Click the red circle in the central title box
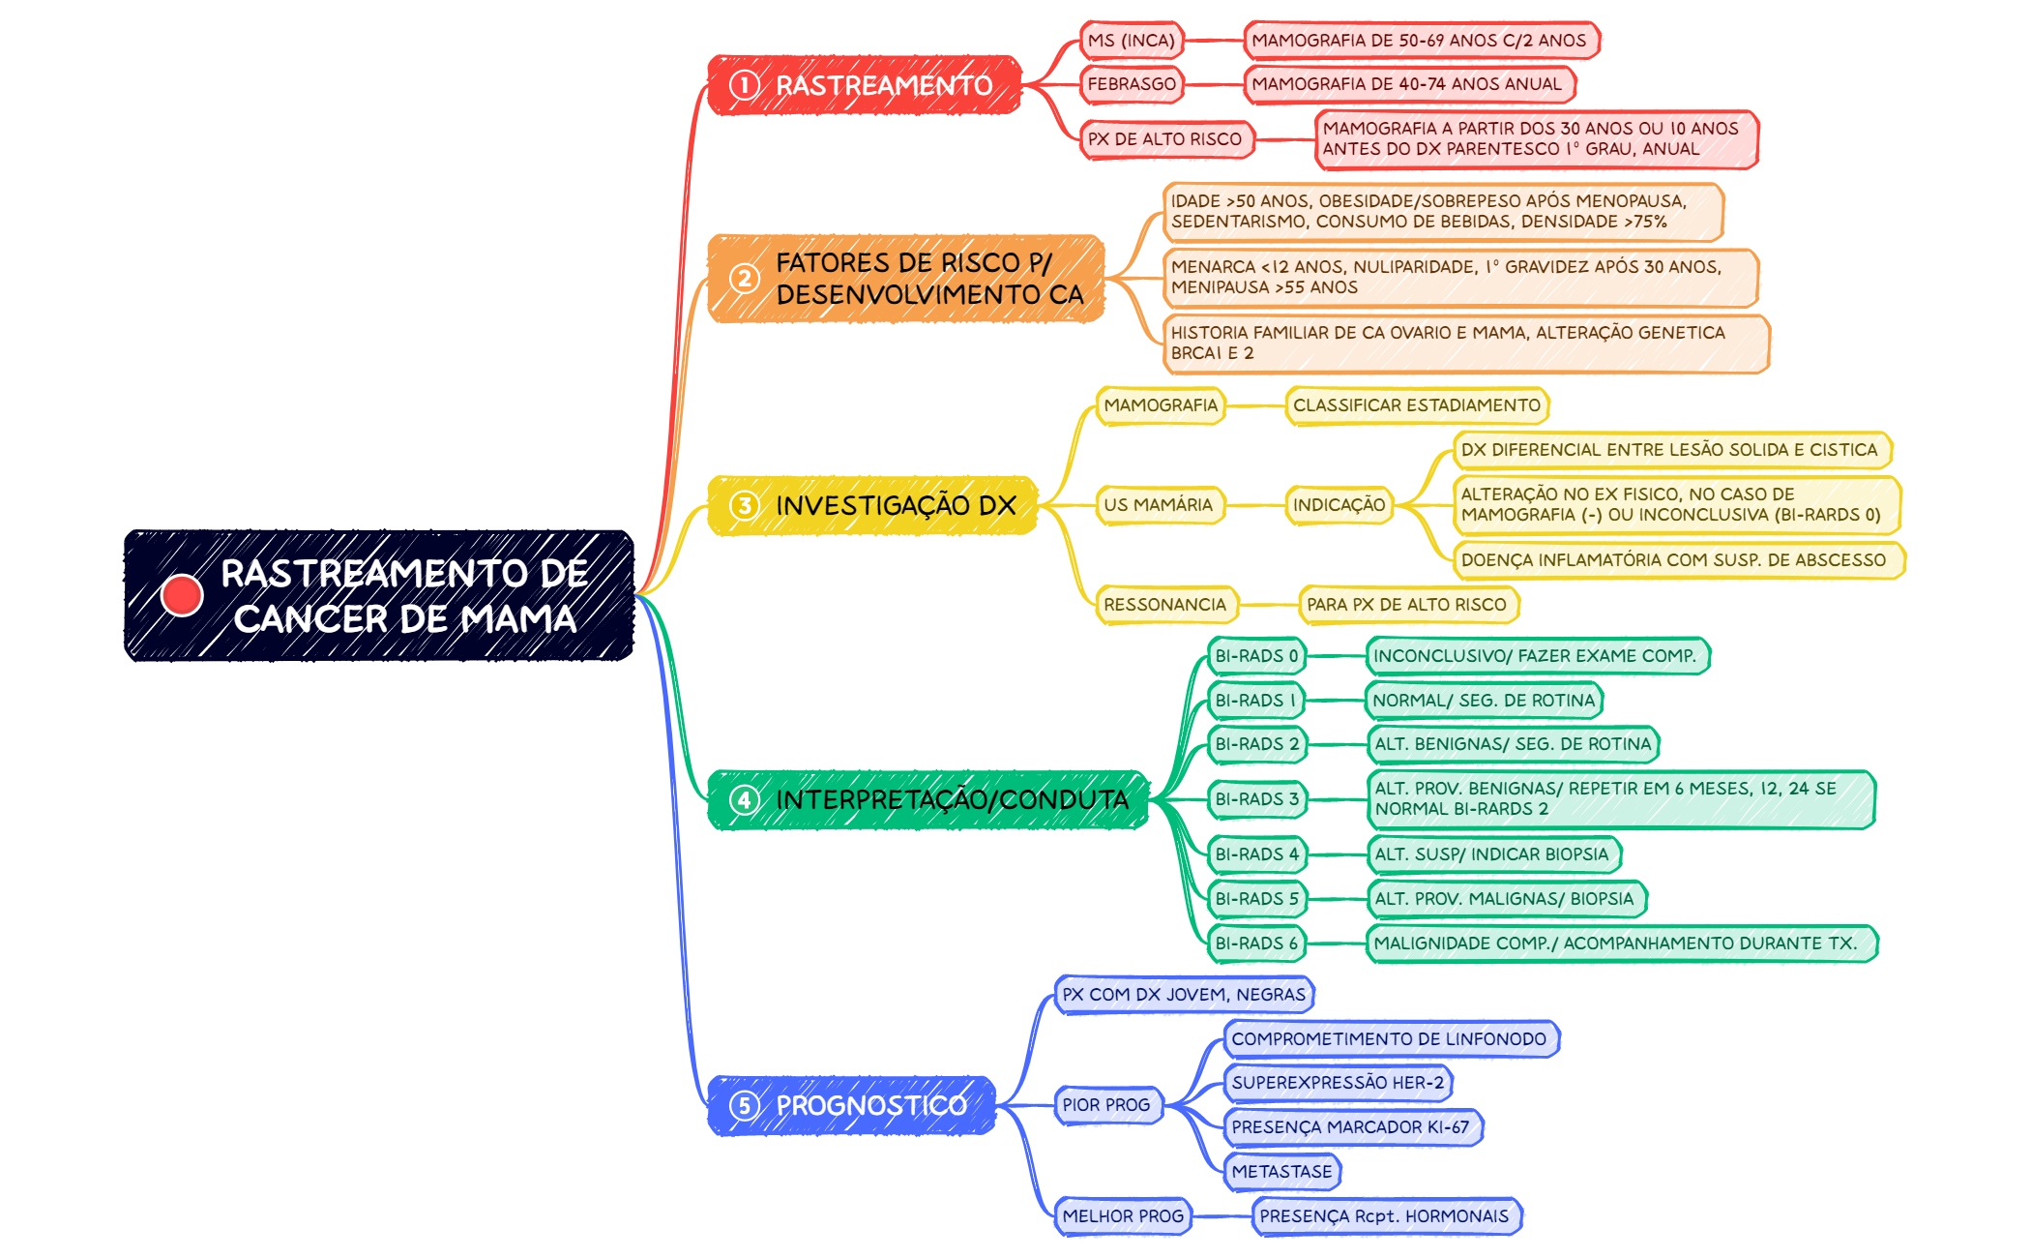click(182, 595)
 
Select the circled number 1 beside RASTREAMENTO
click(744, 85)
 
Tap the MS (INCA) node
click(1132, 41)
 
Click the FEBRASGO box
click(1132, 84)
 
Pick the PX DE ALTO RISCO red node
click(1165, 139)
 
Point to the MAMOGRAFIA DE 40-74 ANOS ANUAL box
click(1409, 84)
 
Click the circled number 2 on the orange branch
click(744, 279)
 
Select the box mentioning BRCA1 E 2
click(1466, 344)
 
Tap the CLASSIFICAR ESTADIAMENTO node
click(1417, 405)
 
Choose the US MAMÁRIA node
click(1160, 505)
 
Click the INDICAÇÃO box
click(1339, 505)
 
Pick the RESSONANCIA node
click(1166, 605)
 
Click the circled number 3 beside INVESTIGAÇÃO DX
click(744, 505)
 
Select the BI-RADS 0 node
click(1257, 656)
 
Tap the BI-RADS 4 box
click(1257, 854)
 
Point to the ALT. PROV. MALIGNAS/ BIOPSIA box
click(1506, 899)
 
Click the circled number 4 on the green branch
click(744, 799)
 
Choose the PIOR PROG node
click(1107, 1105)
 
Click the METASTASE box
click(1282, 1172)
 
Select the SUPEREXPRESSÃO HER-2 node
click(1339, 1083)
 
